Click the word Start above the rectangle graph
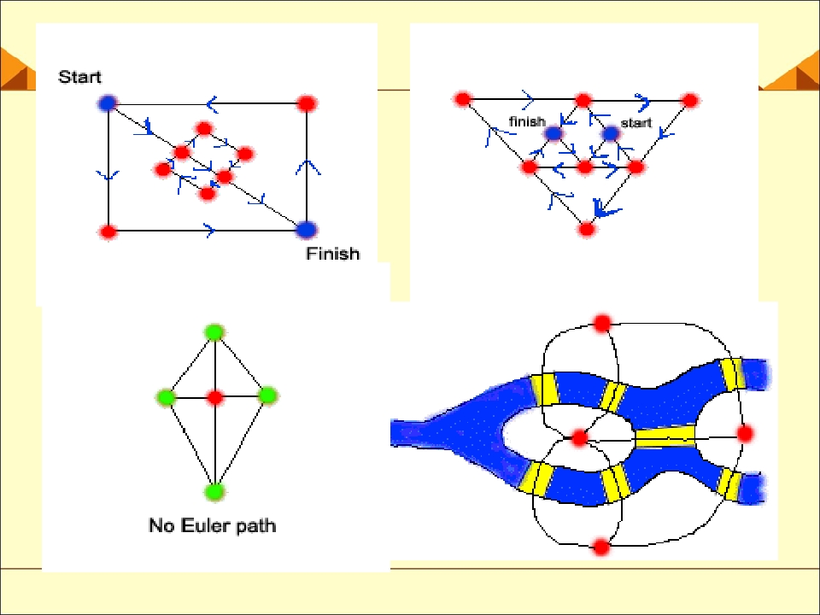[79, 77]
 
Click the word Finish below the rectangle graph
[332, 254]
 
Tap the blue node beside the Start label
[108, 103]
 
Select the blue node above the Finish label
[307, 229]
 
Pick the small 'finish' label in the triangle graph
[527, 121]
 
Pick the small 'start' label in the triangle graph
[635, 123]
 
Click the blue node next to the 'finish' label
[553, 133]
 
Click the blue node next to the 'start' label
[610, 133]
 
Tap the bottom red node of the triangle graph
[587, 229]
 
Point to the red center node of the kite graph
[215, 397]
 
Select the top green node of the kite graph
[214, 332]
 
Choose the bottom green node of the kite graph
[214, 492]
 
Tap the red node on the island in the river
[579, 437]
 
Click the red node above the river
[602, 323]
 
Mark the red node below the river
[602, 547]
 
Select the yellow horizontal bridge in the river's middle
[665, 436]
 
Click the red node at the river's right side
[745, 434]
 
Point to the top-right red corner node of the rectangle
[307, 103]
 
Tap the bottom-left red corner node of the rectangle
[108, 231]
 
